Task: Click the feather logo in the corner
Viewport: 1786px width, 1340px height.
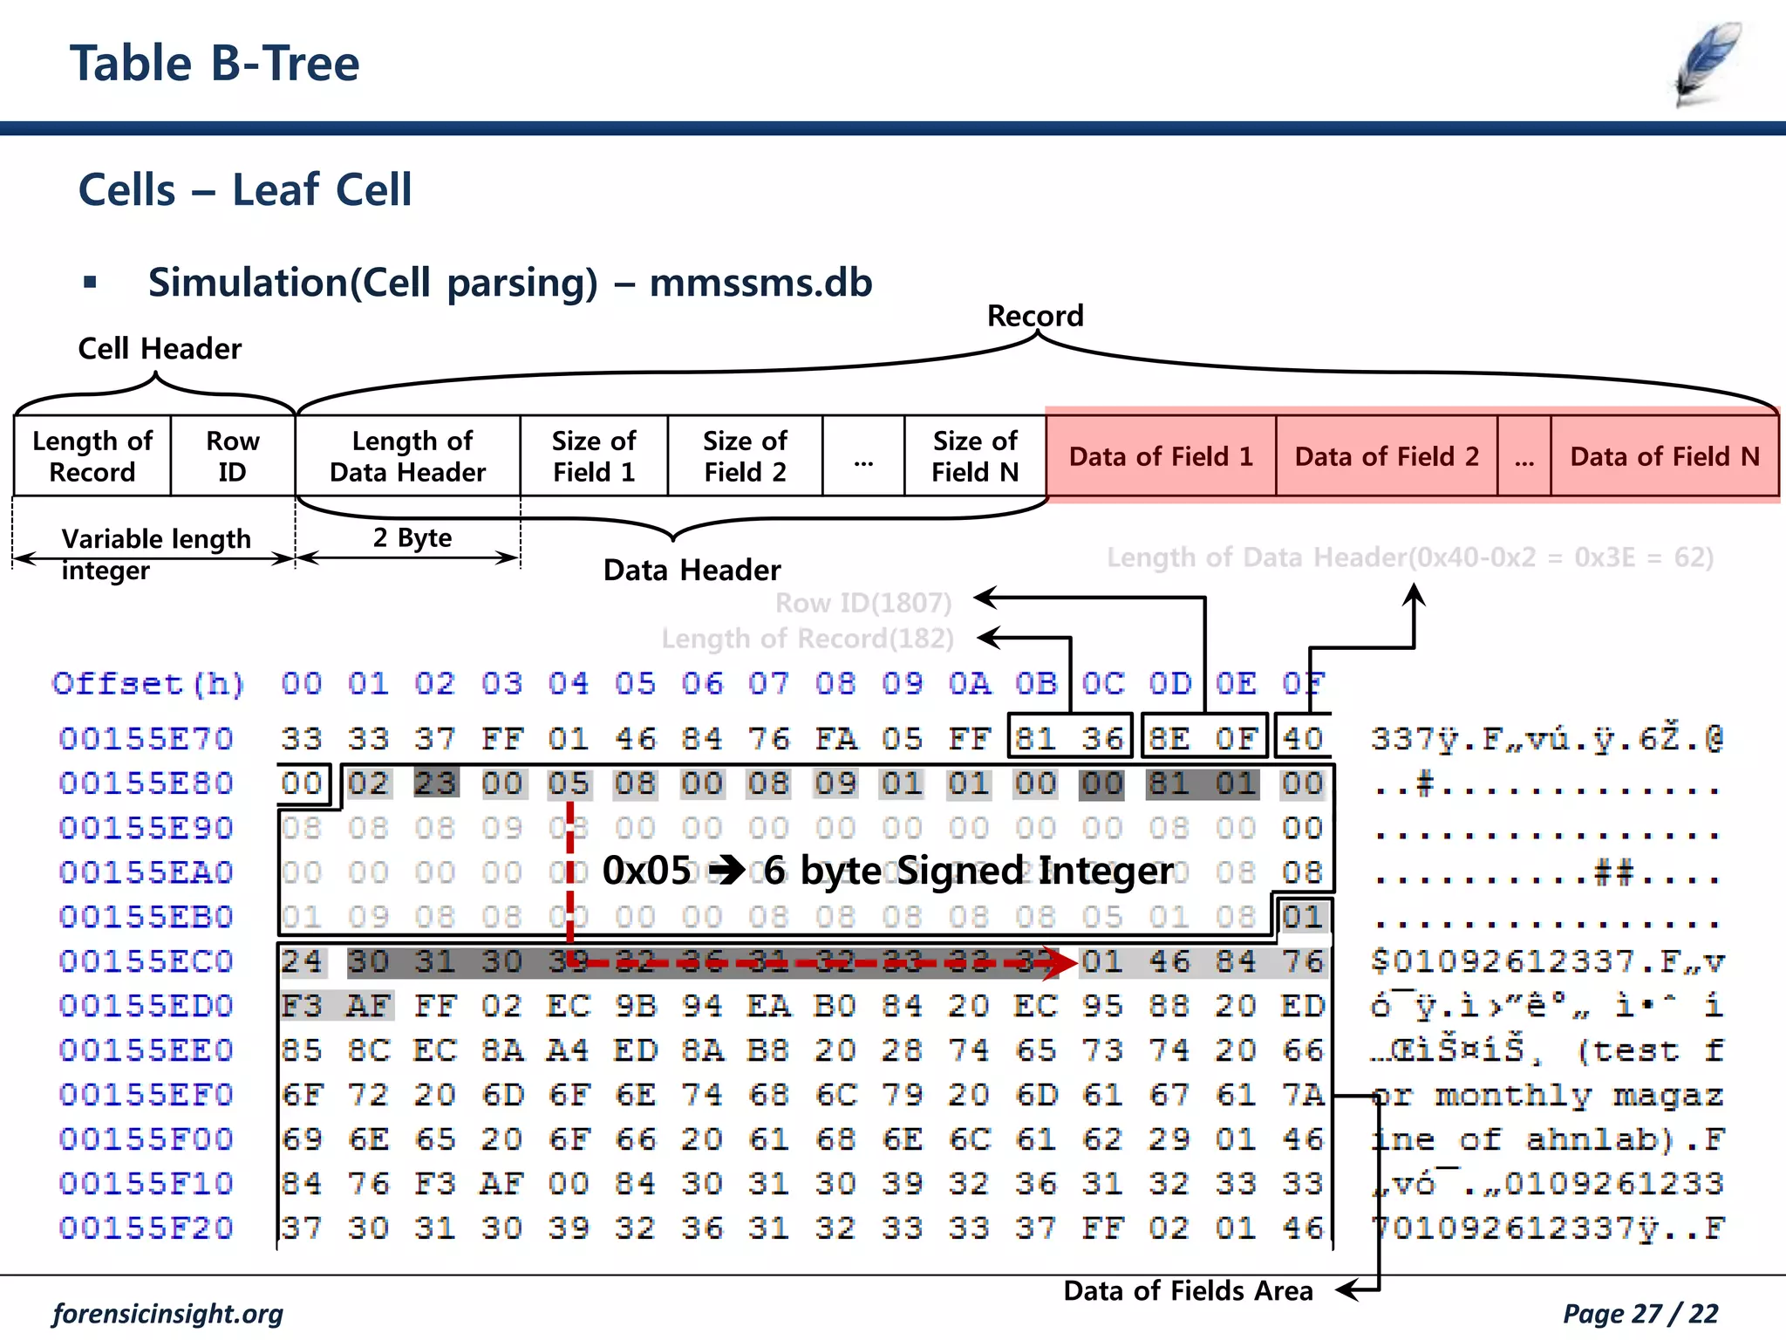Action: pos(1708,65)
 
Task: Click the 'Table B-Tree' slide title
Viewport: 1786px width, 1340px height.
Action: pos(215,64)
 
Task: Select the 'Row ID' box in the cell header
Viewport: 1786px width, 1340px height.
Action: pos(232,456)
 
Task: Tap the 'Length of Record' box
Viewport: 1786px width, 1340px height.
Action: pos(92,456)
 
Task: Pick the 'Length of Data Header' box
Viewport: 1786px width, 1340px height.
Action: pos(408,456)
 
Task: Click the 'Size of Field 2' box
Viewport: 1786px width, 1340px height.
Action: pos(745,456)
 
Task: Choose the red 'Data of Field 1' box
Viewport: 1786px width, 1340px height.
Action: pos(1161,456)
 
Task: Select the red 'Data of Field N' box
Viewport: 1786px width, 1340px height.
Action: pos(1664,456)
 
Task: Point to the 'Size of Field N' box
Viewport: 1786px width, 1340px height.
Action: pos(975,456)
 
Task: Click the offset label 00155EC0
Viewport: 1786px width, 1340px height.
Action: pos(146,961)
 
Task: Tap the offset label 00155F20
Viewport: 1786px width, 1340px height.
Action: pos(146,1228)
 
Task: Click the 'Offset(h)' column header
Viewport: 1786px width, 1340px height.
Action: pos(148,683)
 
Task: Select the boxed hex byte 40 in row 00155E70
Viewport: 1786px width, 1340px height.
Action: pos(1303,739)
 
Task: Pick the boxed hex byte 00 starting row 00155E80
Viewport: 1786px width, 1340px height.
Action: pos(302,783)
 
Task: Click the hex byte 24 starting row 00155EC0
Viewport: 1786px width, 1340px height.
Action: pos(302,961)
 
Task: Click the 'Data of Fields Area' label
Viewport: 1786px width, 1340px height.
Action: pos(1188,1290)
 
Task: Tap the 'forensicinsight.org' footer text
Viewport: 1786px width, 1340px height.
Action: pos(168,1313)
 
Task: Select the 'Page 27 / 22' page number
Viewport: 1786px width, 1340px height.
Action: pos(1640,1313)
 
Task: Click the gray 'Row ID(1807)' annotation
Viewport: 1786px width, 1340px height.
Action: pos(863,603)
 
